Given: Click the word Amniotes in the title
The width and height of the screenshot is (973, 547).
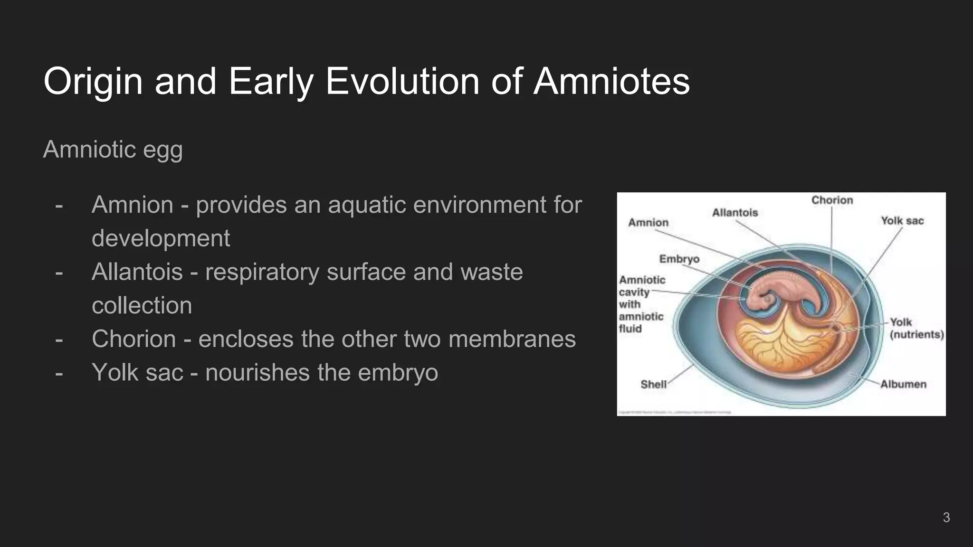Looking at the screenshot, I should coord(611,81).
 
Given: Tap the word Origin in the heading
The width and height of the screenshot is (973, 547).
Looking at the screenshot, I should coord(93,82).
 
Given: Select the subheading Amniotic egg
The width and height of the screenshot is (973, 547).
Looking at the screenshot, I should coord(113,150).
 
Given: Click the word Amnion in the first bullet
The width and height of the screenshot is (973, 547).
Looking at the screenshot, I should coord(133,205).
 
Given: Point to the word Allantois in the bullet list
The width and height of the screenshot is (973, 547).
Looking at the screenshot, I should coord(137,272).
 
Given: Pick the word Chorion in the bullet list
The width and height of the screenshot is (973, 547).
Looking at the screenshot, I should coord(134,339).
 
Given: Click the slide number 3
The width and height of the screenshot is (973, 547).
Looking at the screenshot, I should coord(946,518).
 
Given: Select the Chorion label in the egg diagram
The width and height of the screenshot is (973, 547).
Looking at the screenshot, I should coord(832,200).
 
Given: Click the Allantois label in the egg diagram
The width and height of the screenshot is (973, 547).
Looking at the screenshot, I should coord(735,213).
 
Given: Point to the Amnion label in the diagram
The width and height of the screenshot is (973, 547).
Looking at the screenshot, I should coord(648,223).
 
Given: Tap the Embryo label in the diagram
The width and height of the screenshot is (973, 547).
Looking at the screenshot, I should coord(679,259).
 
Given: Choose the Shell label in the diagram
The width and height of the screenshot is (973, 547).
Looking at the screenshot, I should coord(653,384).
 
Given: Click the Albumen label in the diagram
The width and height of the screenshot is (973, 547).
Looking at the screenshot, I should coord(903,384).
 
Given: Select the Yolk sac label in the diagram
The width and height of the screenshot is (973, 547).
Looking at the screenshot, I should coord(902,221).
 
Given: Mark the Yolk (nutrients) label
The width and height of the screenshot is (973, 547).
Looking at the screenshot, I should coord(916,329).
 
